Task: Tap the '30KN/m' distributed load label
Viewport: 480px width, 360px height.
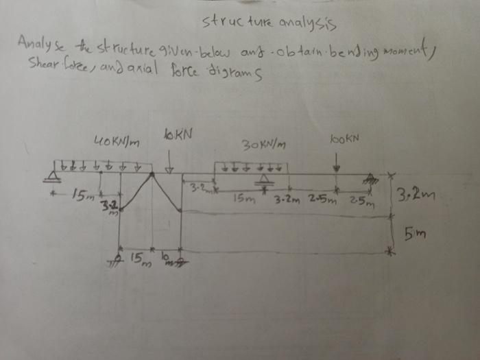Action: (x=264, y=145)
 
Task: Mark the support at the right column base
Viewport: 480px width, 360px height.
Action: (x=180, y=258)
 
